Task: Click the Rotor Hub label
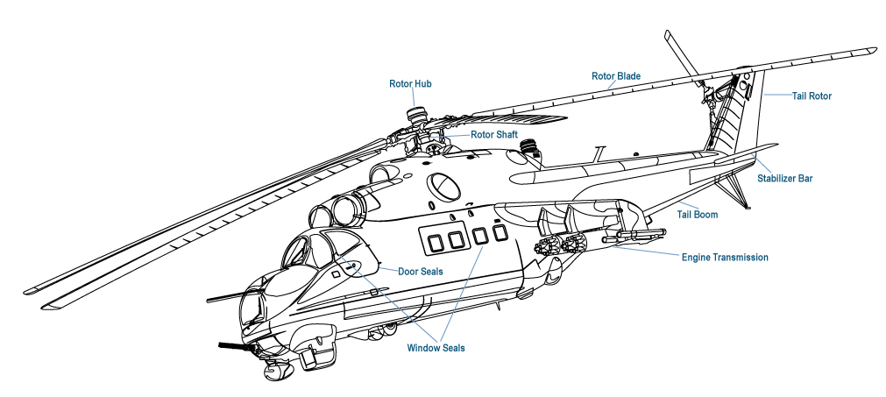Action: pos(410,84)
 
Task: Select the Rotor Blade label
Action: pos(615,76)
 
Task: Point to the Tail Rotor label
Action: pos(812,96)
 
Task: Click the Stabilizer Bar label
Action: pos(784,178)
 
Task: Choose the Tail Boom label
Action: pos(698,213)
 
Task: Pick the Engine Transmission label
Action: pos(725,258)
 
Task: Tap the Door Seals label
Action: pos(420,272)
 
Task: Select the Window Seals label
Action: pos(436,348)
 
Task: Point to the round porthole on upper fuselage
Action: pos(443,186)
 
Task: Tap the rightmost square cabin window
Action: pos(500,232)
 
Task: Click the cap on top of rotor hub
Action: pos(419,112)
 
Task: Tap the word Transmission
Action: pos(741,258)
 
